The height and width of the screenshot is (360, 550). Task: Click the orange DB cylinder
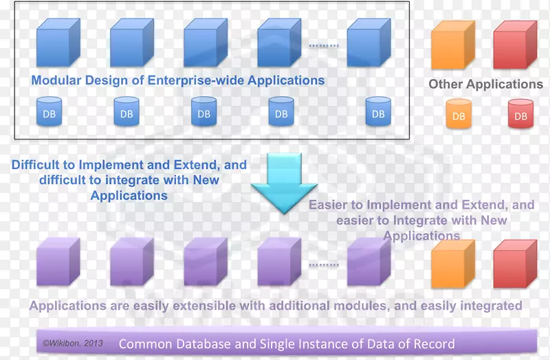pos(459,114)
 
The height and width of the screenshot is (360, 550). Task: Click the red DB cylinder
pos(520,114)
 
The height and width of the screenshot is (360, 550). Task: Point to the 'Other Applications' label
pos(485,84)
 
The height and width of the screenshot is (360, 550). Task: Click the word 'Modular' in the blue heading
pos(56,80)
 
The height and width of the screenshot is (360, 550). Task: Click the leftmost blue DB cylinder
pos(49,112)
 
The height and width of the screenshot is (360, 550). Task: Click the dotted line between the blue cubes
pos(323,46)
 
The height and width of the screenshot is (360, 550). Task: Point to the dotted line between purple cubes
pos(323,265)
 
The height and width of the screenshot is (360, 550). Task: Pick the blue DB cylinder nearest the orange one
pos(377,112)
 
